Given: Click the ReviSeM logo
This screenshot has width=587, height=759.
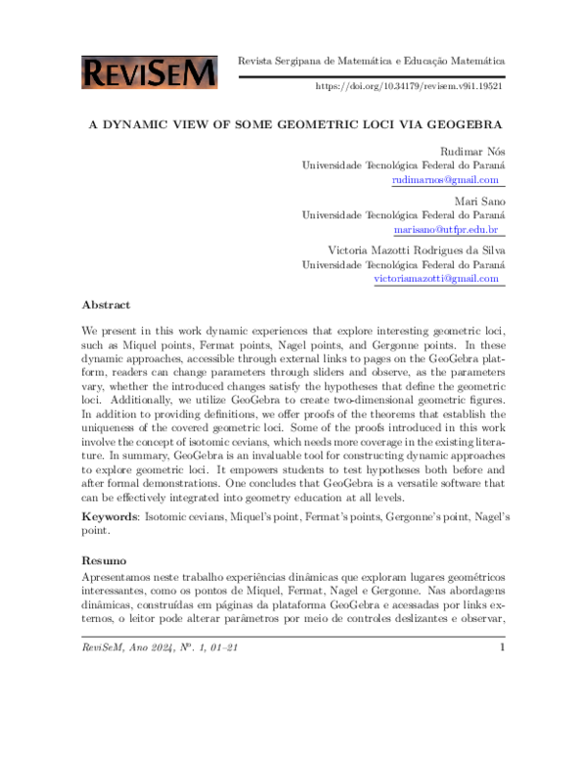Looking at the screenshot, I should click(x=150, y=71).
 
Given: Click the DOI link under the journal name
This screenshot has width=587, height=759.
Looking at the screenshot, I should click(x=408, y=86).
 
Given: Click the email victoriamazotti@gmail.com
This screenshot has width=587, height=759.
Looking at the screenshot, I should click(x=436, y=278).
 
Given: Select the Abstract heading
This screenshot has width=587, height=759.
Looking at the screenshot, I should click(x=106, y=305).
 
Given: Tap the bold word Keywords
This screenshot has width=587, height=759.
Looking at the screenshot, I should click(x=109, y=515).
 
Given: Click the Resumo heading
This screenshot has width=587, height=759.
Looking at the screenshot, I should click(x=103, y=561).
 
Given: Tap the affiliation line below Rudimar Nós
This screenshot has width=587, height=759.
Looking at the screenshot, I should click(x=403, y=165).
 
